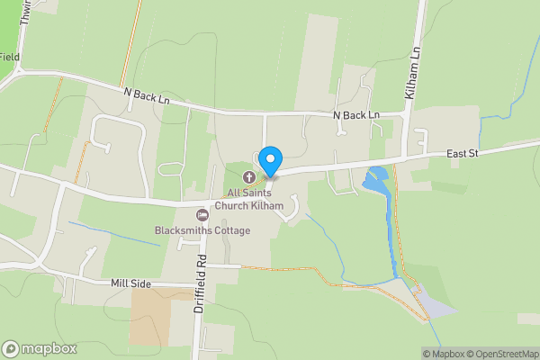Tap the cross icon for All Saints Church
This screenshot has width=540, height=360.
tap(248, 175)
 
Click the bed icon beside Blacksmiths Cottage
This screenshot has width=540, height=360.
tap(202, 214)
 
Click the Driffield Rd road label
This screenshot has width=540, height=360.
tap(202, 282)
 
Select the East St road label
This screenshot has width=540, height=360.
tap(465, 155)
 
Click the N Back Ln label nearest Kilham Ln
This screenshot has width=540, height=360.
tap(356, 116)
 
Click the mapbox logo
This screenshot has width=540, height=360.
tap(37, 348)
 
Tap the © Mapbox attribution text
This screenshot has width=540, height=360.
tap(444, 354)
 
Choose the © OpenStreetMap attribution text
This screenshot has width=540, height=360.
tap(502, 354)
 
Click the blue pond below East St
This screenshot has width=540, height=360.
tap(377, 180)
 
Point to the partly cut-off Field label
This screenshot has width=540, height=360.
tap(9, 57)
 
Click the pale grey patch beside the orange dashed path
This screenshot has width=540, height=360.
tap(433, 305)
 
